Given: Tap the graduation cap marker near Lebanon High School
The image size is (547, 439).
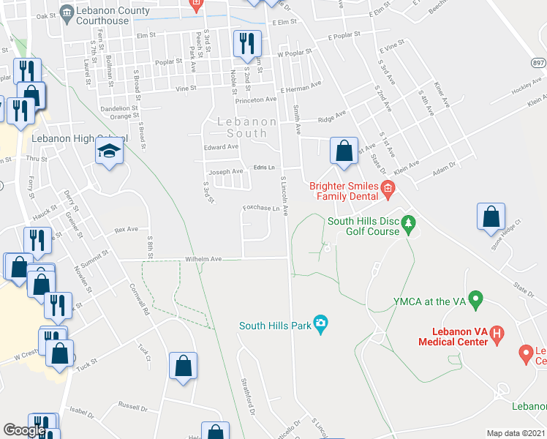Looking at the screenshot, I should [109, 151].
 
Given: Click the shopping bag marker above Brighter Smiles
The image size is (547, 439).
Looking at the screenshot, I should [344, 151].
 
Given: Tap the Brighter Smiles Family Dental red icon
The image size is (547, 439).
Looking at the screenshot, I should [388, 192].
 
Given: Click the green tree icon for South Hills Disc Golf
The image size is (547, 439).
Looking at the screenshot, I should [410, 221].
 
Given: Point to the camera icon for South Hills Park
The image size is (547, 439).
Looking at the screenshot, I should [320, 323].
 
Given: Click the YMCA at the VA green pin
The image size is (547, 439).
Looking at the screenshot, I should [476, 299].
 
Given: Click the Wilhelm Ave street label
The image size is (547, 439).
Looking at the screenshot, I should [203, 259].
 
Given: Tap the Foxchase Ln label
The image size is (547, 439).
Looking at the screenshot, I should [262, 209].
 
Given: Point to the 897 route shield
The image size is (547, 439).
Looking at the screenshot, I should [538, 64].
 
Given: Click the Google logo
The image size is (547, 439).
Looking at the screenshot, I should [25, 430].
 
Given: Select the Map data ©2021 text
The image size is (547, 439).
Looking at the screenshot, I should [516, 433].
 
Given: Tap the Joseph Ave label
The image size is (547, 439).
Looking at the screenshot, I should [226, 172].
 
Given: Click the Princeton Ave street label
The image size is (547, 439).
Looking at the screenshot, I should [256, 100].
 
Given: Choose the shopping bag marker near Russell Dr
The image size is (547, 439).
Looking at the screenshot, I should [183, 366].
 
